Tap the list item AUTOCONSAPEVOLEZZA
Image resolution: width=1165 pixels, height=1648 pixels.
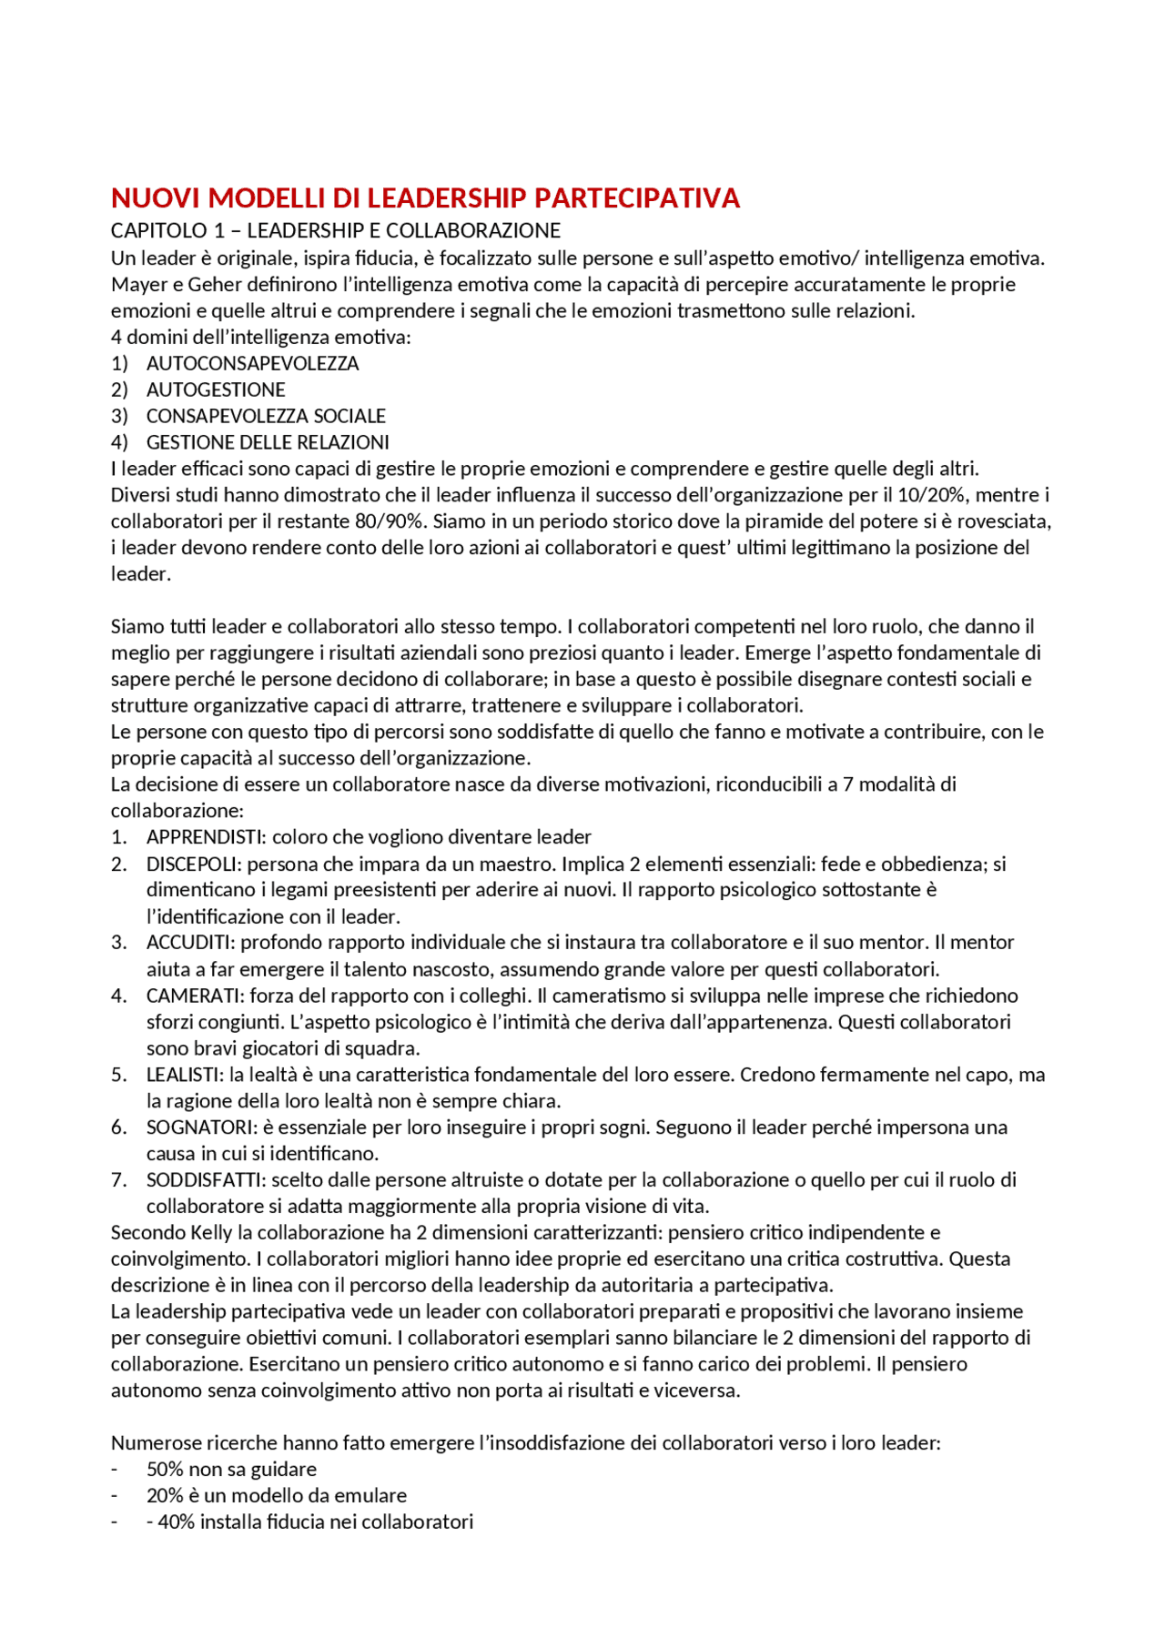point(252,363)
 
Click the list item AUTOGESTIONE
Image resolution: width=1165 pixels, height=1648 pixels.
point(216,389)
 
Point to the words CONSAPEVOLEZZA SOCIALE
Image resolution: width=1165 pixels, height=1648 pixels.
point(266,416)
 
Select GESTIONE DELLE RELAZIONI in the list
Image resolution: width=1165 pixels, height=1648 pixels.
point(268,442)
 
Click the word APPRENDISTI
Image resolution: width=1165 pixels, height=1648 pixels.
point(205,837)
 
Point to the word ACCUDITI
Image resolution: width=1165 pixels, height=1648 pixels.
point(188,943)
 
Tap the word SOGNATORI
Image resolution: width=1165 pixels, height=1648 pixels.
point(199,1127)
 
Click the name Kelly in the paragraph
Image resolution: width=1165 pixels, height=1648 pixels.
point(211,1233)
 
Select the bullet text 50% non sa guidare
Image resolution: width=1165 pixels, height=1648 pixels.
point(231,1470)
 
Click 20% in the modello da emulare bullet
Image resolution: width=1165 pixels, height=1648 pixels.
point(165,1496)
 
